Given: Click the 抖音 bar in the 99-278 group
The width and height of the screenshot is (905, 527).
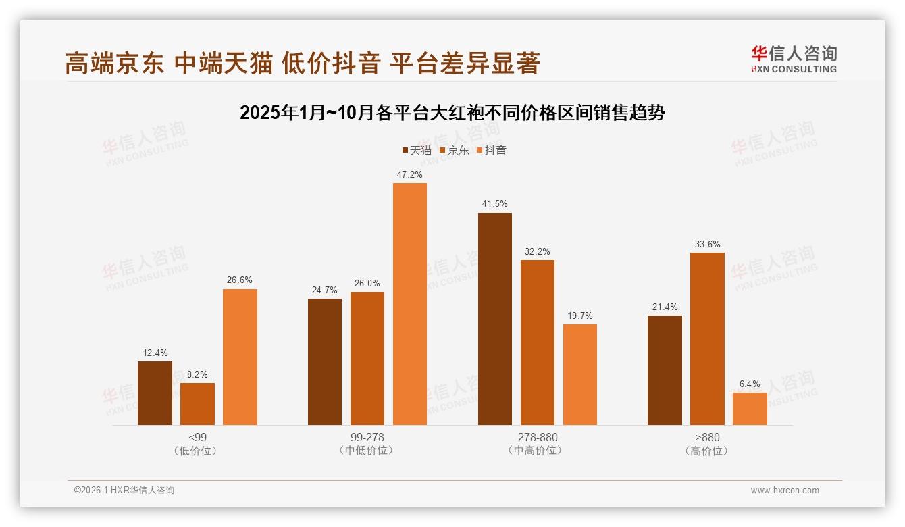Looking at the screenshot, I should pos(410,304).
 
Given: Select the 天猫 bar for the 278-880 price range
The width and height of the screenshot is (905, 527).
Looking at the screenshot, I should pos(495,319).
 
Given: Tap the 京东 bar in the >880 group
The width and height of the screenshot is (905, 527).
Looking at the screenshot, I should pos(707,338).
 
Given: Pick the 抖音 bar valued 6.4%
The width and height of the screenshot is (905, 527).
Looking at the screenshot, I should pos(750,409).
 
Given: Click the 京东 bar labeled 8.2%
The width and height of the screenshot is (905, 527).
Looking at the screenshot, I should pos(197,404).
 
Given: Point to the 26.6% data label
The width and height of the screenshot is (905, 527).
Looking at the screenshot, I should pos(240,280).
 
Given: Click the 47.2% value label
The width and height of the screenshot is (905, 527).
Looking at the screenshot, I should pos(410,174).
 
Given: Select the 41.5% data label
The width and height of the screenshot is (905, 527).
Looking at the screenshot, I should pos(495,204).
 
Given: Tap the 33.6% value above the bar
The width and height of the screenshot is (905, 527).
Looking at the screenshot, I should pos(707,244).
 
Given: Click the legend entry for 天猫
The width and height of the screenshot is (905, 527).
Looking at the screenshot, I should pos(417,151).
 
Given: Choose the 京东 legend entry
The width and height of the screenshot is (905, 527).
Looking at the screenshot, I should pos(454,151).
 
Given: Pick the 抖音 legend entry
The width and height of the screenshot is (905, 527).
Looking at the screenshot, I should pos(491,151).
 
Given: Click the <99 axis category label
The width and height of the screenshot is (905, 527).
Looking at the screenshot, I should pos(198,437).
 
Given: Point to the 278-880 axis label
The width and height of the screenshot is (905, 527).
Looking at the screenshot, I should pos(538,437).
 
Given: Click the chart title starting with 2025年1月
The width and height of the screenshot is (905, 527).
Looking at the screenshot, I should pos(452,113).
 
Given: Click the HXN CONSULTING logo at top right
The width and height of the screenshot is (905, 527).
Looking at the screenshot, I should pos(794,59).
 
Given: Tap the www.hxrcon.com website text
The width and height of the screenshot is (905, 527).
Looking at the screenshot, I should pos(785,491).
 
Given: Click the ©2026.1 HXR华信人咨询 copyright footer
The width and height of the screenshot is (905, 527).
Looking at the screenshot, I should pos(124,491).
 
